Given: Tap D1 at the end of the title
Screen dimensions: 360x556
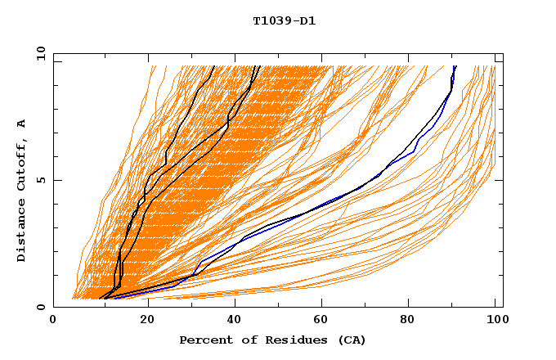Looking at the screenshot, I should coord(307,21).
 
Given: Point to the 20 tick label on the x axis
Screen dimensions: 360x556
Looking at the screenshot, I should coord(141,322).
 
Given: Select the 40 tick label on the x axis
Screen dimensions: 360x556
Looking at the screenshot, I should coord(231,322).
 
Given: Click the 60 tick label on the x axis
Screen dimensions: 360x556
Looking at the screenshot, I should coord(319,322).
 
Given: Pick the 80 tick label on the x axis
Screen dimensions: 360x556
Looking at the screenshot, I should coord(407,322).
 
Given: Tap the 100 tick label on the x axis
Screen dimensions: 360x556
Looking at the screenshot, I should coord(495,322).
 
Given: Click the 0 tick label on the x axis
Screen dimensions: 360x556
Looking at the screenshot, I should coord(53,322).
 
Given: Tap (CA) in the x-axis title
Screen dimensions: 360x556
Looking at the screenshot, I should coord(352,340).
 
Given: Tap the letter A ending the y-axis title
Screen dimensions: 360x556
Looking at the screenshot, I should coord(22,124).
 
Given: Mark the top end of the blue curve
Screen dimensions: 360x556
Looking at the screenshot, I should coord(455,67).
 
